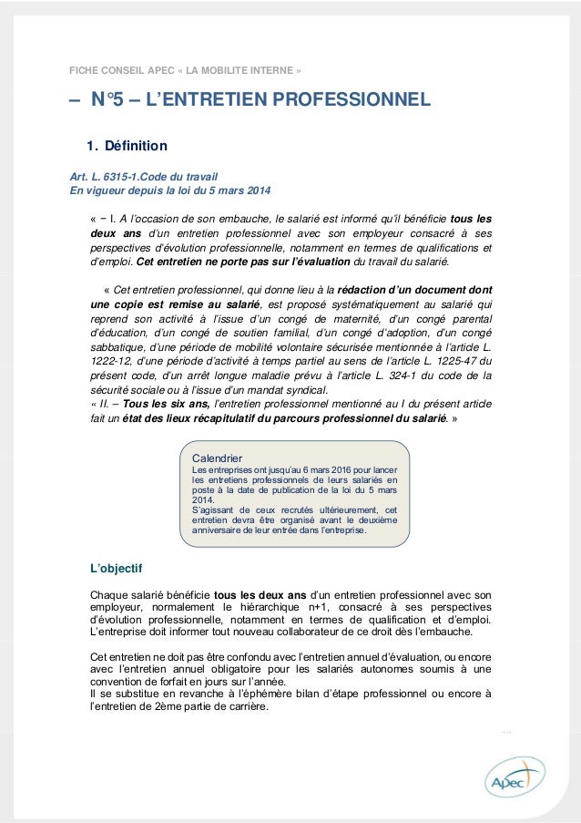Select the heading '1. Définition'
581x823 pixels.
coord(127,146)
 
